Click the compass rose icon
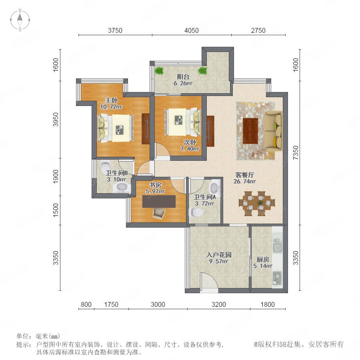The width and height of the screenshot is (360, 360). pyautogui.click(x=20, y=20)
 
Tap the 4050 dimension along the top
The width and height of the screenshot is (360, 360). pyautogui.click(x=192, y=30)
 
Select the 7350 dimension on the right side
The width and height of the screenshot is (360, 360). pyautogui.click(x=296, y=153)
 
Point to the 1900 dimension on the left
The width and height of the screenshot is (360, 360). pyautogui.click(x=56, y=176)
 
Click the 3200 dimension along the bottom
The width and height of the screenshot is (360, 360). pyautogui.click(x=218, y=304)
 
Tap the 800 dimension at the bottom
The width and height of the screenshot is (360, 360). pyautogui.click(x=86, y=304)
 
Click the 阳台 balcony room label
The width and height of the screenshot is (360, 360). pyautogui.click(x=183, y=77)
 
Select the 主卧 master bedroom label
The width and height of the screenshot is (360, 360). pyautogui.click(x=111, y=100)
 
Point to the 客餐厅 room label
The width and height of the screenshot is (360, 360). pyautogui.click(x=244, y=175)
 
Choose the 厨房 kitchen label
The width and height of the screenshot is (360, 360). pyautogui.click(x=263, y=260)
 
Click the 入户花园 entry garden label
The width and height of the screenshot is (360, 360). pyautogui.click(x=219, y=255)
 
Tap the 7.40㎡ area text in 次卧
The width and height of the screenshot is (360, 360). pyautogui.click(x=190, y=149)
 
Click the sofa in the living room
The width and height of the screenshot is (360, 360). pyautogui.click(x=273, y=131)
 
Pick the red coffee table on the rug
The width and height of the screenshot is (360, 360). pyautogui.click(x=250, y=131)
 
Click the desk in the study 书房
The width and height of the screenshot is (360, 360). pyautogui.click(x=159, y=201)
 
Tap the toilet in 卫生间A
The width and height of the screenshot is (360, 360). pyautogui.click(x=196, y=212)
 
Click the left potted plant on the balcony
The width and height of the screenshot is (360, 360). pyautogui.click(x=159, y=70)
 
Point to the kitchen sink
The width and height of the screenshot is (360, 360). pyautogui.click(x=277, y=246)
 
